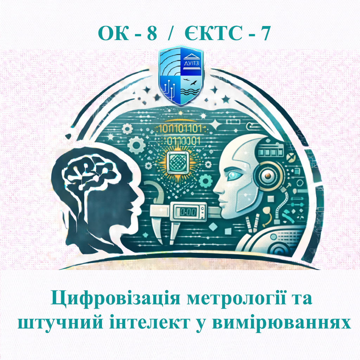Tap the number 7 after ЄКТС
point(265,33)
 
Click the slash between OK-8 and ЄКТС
point(171,33)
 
